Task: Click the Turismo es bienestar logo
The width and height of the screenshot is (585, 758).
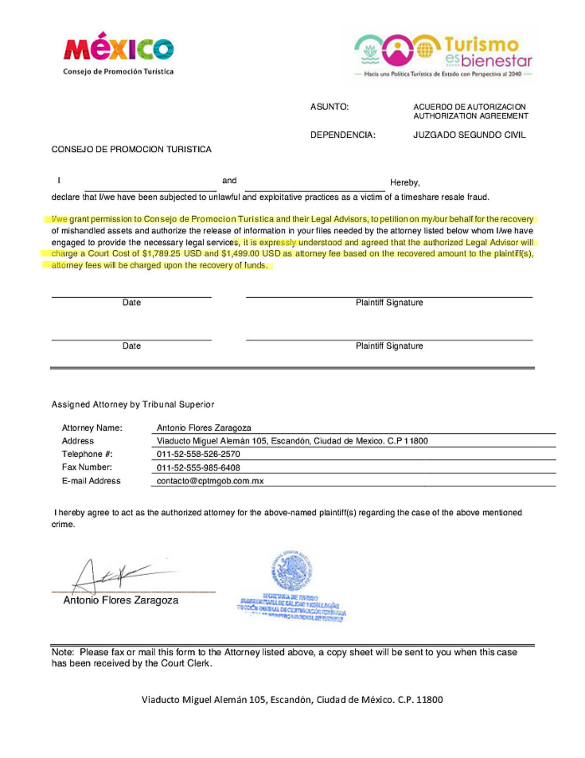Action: [443, 54]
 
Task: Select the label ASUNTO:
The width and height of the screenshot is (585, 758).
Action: [329, 107]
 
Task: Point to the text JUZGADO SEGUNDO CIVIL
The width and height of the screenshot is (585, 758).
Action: [469, 135]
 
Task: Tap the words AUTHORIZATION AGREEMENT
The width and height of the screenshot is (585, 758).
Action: [470, 116]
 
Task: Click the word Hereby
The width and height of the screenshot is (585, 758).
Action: [404, 182]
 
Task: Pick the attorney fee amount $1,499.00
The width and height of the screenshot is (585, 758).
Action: [240, 253]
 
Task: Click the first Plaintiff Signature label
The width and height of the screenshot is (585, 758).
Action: [389, 303]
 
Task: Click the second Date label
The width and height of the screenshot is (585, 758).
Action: [132, 346]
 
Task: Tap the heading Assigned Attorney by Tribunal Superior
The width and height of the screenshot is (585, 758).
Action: [133, 404]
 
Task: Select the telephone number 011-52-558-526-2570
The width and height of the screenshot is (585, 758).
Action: [198, 454]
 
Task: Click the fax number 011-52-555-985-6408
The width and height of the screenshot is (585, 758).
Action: [198, 468]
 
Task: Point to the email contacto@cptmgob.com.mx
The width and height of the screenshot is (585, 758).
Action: [210, 481]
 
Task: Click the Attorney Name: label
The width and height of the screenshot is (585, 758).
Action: [92, 428]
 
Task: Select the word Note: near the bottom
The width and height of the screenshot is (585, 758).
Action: [63, 652]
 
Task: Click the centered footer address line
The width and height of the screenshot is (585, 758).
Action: [292, 699]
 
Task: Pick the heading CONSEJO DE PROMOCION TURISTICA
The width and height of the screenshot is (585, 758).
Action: [131, 149]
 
